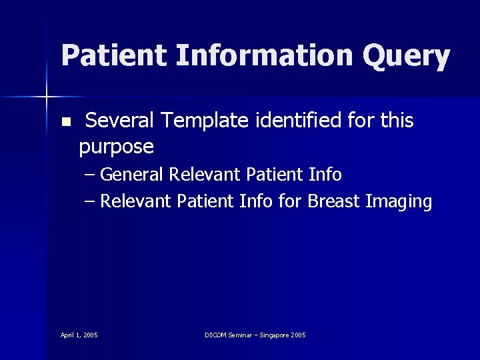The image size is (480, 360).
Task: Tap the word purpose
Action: click(117, 146)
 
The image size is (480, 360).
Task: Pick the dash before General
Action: click(91, 175)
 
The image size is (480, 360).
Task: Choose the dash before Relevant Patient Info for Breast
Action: click(91, 201)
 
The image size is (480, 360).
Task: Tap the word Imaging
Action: click(400, 202)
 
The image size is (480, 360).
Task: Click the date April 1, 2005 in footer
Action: click(79, 335)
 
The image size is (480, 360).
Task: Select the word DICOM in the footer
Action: click(217, 335)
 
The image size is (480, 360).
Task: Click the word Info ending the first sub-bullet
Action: click(325, 175)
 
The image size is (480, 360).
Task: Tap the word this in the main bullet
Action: click(397, 121)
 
